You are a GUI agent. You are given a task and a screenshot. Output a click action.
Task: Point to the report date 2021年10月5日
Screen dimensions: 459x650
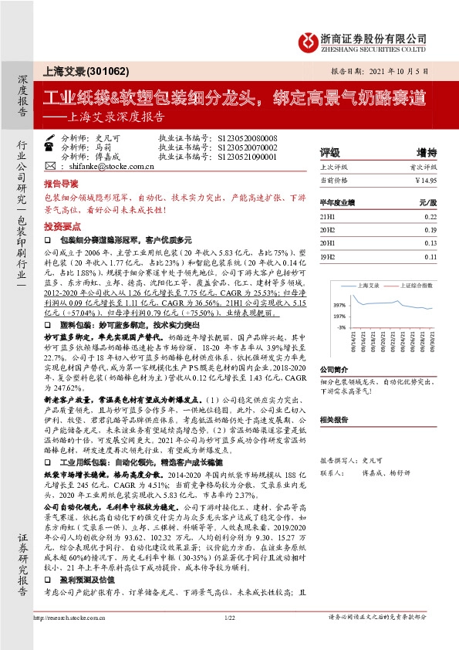[x=402, y=70]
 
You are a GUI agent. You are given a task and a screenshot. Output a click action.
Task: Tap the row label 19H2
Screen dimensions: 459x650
[x=327, y=256]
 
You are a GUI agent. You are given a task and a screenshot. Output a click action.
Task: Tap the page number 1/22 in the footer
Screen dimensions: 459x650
[x=230, y=639]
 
